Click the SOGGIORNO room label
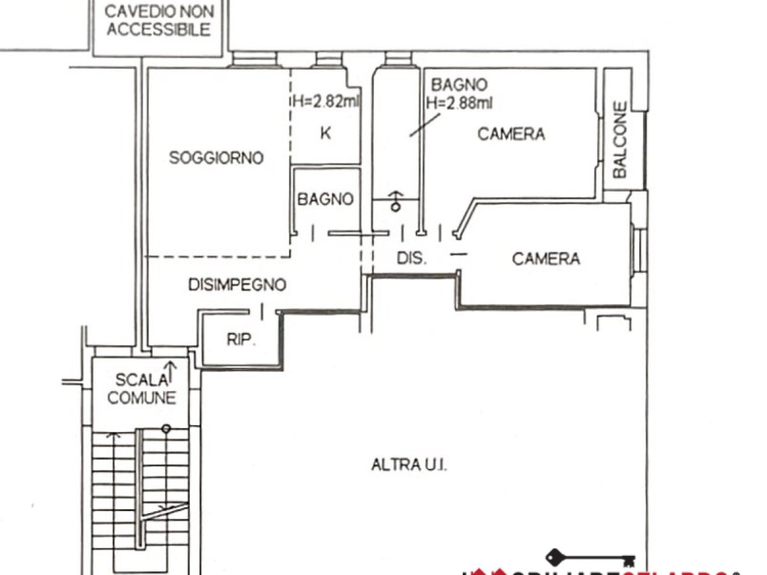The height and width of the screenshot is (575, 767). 216,158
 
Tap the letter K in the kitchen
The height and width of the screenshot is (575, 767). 325,134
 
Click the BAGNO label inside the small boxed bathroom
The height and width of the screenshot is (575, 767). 325,199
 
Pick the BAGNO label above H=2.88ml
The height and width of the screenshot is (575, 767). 459,85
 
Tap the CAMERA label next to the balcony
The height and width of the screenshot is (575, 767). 511,134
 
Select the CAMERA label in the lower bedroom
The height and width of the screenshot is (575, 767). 546,259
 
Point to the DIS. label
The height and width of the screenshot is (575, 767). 412,259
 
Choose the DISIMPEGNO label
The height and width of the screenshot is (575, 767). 237,285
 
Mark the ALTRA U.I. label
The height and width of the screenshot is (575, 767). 410,465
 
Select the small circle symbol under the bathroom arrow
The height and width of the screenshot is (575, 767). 395,207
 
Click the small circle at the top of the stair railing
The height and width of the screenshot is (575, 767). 166,428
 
